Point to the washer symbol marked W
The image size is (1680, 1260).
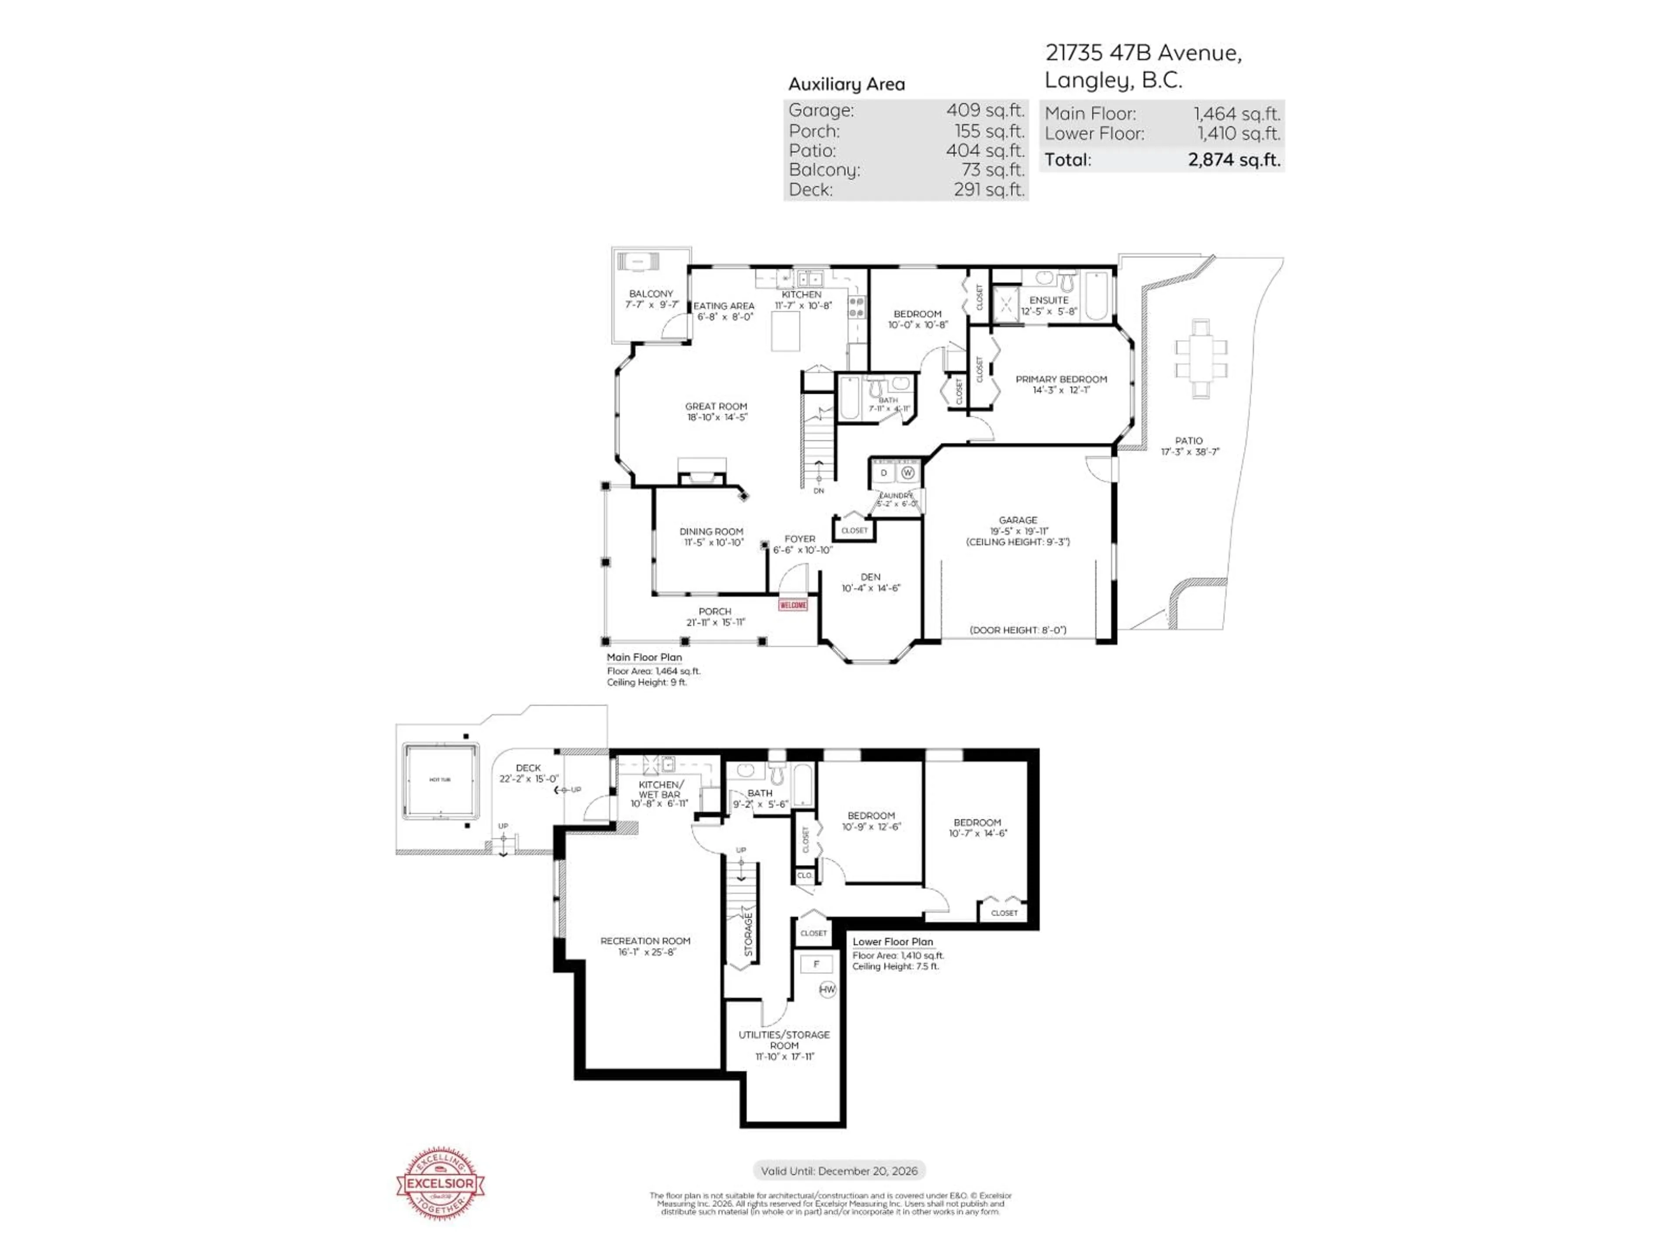coord(908,472)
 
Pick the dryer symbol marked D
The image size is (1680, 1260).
coord(883,472)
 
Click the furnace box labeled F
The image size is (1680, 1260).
coord(816,964)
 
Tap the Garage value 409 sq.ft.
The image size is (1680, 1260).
coord(985,110)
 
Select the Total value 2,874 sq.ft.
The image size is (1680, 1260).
coord(1233,160)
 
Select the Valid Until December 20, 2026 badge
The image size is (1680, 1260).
coord(839,1170)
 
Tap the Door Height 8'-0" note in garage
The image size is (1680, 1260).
coord(1018,630)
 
